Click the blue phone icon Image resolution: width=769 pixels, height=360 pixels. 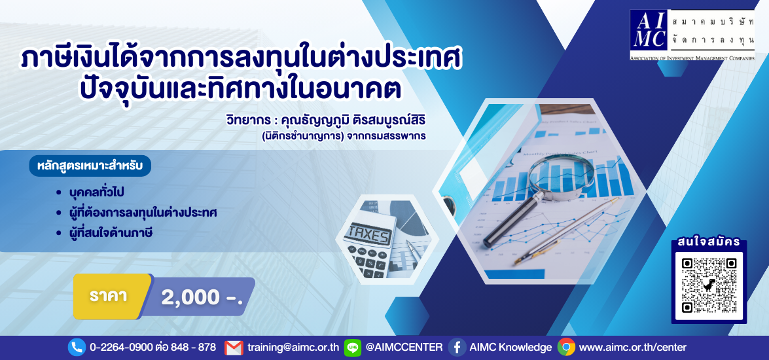pyautogui.click(x=77, y=348)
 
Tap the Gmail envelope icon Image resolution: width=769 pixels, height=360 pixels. pyautogui.click(x=234, y=348)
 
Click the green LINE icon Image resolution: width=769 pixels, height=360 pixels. pyautogui.click(x=353, y=348)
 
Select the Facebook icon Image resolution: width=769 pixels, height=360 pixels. pyautogui.click(x=457, y=348)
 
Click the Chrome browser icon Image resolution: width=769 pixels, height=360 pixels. pyautogui.click(x=566, y=348)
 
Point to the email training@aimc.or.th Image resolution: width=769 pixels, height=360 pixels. pyautogui.click(x=293, y=348)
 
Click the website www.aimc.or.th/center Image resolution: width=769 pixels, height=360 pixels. pyautogui.click(x=633, y=348)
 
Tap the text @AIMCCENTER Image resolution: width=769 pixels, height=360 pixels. pyautogui.click(x=404, y=348)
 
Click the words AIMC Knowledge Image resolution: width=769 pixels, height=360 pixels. pyautogui.click(x=510, y=348)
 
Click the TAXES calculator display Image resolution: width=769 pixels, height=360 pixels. pyautogui.click(x=369, y=235)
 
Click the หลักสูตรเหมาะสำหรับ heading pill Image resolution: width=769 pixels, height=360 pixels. pyautogui.click(x=90, y=166)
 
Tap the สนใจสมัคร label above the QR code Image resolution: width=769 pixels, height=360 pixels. pyautogui.click(x=709, y=242)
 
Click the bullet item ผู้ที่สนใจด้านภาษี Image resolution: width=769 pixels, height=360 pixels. pyautogui.click(x=111, y=233)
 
